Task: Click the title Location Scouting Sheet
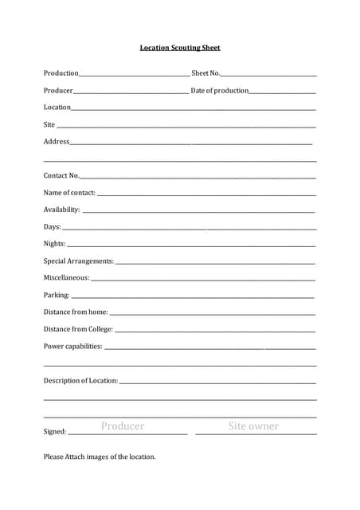[180, 48]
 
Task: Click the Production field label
[61, 73]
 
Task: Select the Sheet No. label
[205, 73]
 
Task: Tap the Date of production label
[220, 91]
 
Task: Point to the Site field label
[49, 124]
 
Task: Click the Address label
[57, 142]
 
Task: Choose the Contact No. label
[61, 175]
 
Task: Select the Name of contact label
[69, 193]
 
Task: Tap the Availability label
[62, 210]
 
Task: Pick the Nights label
[55, 244]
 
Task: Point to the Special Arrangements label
[79, 261]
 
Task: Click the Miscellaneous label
[67, 278]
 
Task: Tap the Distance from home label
[76, 312]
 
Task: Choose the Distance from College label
[78, 329]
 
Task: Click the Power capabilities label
[73, 347]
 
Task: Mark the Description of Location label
[80, 381]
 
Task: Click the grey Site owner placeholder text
[253, 426]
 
